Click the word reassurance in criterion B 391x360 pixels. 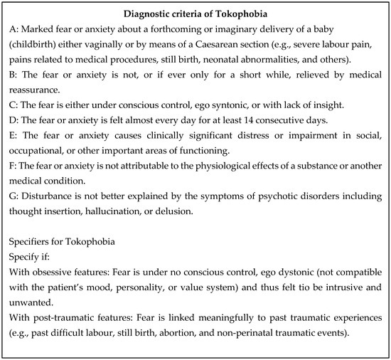pyautogui.click(x=42, y=92)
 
